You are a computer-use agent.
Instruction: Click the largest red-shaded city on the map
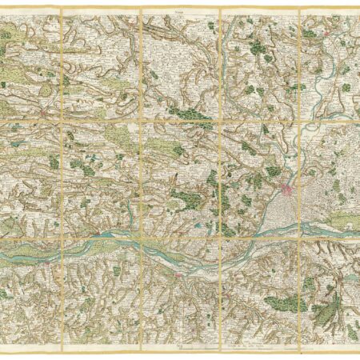[x=286, y=191]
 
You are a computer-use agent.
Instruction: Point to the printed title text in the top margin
[x=178, y=10]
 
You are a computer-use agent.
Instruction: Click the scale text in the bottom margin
[x=256, y=346]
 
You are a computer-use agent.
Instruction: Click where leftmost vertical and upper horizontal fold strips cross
[x=62, y=122]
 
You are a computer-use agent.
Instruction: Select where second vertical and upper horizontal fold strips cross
[x=142, y=122]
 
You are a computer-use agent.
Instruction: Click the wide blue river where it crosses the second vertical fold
[x=142, y=244]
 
